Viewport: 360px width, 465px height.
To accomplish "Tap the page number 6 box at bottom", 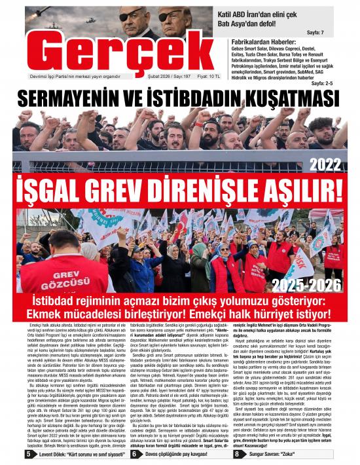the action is pyautogui.click(x=134, y=453).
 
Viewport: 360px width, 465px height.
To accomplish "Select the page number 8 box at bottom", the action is pyautogui.click(x=236, y=453).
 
